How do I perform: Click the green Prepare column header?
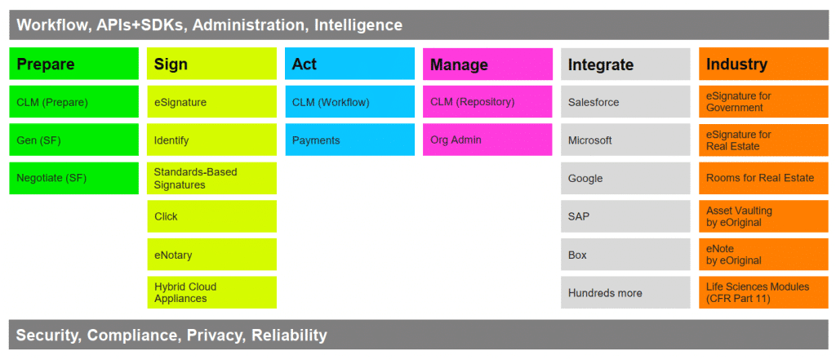tap(74, 64)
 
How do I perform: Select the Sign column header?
tap(211, 64)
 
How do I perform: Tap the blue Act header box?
tap(349, 64)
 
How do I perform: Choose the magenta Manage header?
tap(487, 64)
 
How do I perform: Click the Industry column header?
tap(763, 64)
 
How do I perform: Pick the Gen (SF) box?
tap(74, 140)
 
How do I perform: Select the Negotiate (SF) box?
tap(74, 178)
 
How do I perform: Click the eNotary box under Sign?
tap(211, 255)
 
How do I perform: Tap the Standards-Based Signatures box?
tap(211, 178)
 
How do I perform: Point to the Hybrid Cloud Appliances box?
tap(211, 292)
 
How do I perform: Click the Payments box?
tap(349, 140)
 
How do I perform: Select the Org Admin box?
tap(487, 140)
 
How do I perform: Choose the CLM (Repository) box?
tap(487, 101)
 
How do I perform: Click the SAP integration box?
tap(625, 216)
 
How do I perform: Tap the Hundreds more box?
tap(625, 292)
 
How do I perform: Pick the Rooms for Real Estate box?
tap(763, 178)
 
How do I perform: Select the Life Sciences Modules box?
tap(763, 292)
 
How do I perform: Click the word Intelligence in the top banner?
tap(358, 25)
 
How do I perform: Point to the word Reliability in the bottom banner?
tap(289, 335)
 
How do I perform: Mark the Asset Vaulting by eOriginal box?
tap(763, 216)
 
